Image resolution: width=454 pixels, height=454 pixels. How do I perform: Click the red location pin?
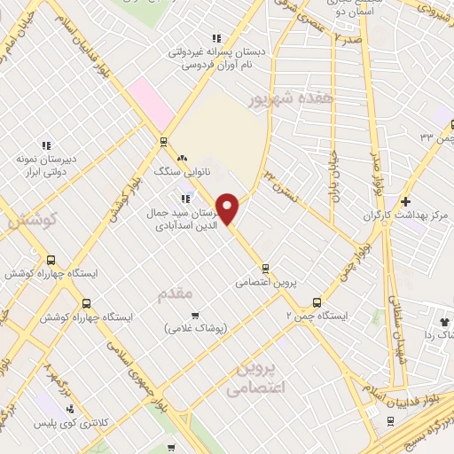click(x=228, y=208)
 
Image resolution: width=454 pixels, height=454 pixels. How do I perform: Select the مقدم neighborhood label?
click(x=174, y=294)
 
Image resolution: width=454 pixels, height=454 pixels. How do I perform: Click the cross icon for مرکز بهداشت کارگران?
click(x=405, y=201)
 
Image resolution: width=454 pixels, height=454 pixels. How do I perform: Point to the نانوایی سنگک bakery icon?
click(x=182, y=158)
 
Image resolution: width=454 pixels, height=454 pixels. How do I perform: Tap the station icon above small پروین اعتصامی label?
click(x=264, y=269)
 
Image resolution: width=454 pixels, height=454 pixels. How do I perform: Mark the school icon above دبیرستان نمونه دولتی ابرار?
click(x=47, y=145)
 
